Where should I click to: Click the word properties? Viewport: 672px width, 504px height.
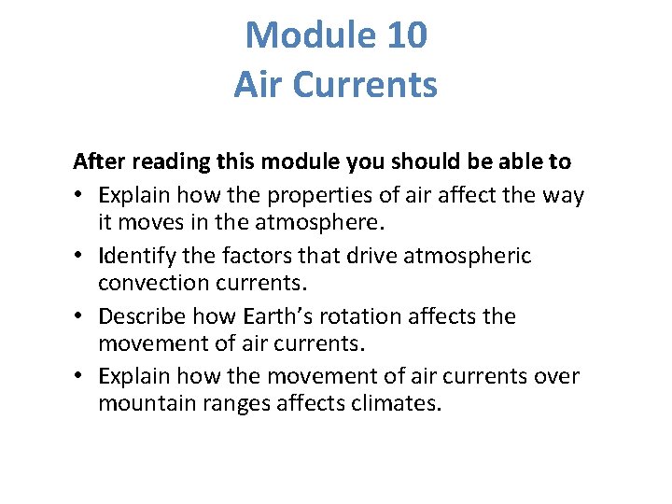pos(313,195)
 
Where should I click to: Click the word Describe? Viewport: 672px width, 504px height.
pos(144,316)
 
